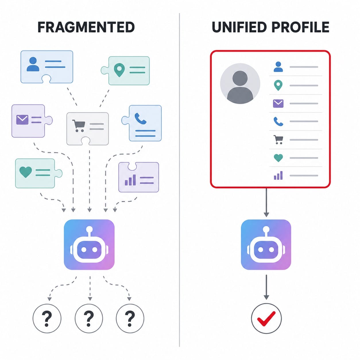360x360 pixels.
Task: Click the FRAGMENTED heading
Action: click(x=86, y=27)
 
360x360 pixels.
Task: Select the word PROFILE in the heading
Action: click(x=300, y=27)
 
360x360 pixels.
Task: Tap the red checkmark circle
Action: click(x=266, y=318)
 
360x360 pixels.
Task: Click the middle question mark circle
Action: click(x=89, y=318)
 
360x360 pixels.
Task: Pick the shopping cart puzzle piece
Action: click(x=88, y=129)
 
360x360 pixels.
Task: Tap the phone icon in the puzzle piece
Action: click(x=140, y=119)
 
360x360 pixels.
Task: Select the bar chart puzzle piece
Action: click(x=139, y=177)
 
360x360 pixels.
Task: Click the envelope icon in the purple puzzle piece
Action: click(x=22, y=119)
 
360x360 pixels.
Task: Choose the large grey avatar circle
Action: click(x=240, y=83)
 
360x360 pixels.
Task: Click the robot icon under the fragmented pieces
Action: click(x=89, y=245)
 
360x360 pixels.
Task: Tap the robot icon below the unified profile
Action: click(x=266, y=245)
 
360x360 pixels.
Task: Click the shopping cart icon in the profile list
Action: click(x=278, y=140)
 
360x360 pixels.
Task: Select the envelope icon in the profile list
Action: click(x=278, y=104)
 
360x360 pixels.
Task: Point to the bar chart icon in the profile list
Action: click(x=278, y=175)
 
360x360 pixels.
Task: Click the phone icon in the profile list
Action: click(x=278, y=121)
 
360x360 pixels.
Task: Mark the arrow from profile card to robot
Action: click(x=266, y=203)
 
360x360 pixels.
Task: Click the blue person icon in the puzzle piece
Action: click(x=33, y=64)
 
